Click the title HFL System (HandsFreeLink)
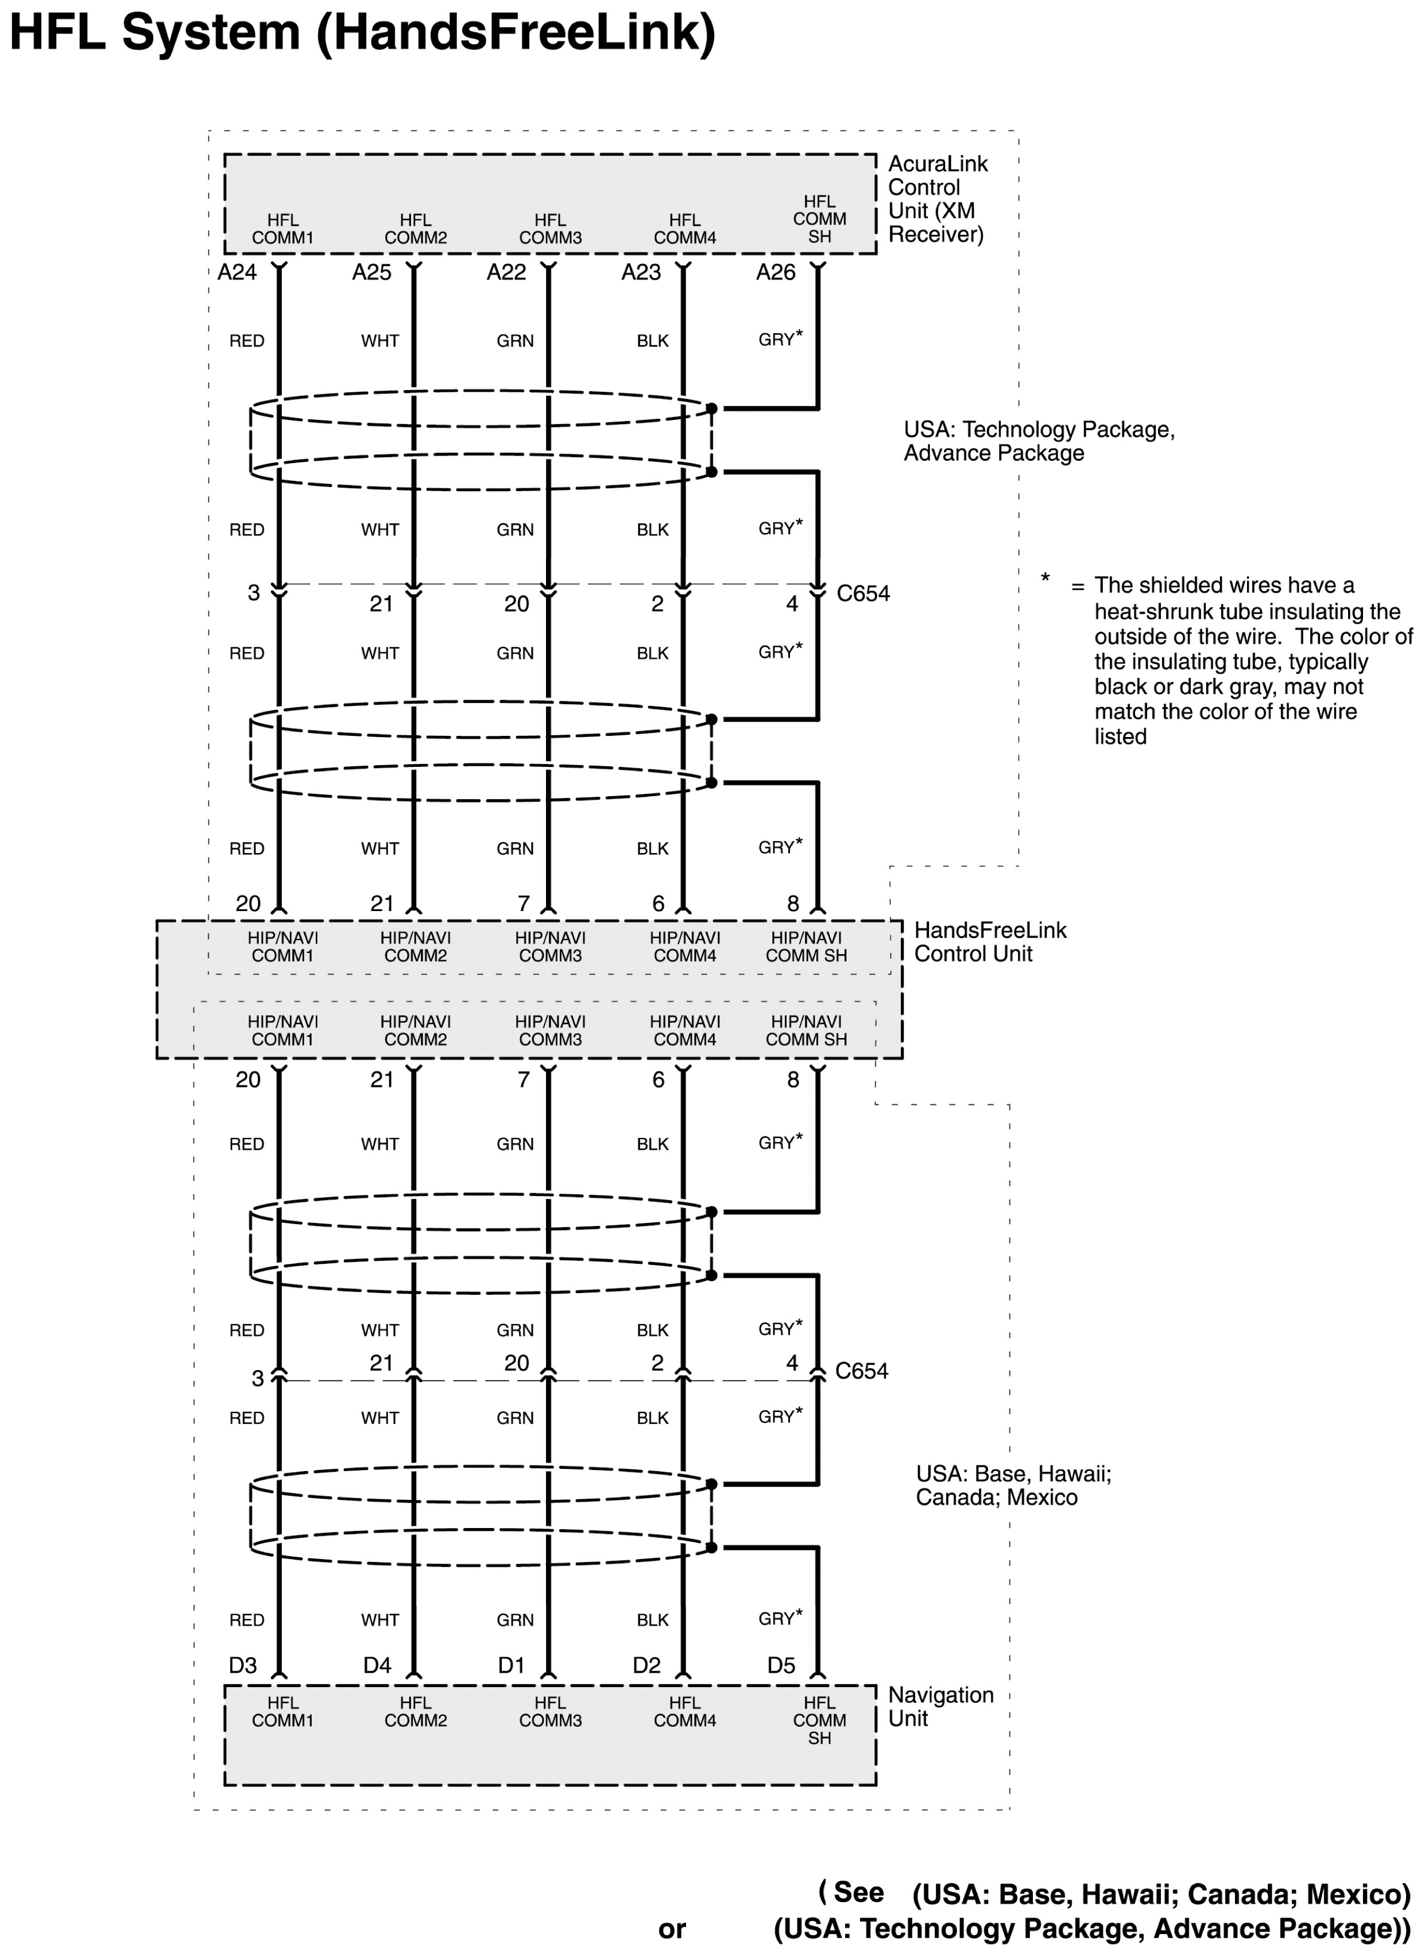coord(362,33)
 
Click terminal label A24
coord(237,273)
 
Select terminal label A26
coord(776,273)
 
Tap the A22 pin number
coord(506,273)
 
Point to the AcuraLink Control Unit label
coord(937,199)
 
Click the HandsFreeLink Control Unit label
coord(989,942)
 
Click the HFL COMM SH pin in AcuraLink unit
coord(819,219)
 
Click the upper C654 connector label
coord(862,593)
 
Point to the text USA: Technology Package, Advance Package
coord(1039,441)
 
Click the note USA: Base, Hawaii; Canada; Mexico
coord(1013,1485)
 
